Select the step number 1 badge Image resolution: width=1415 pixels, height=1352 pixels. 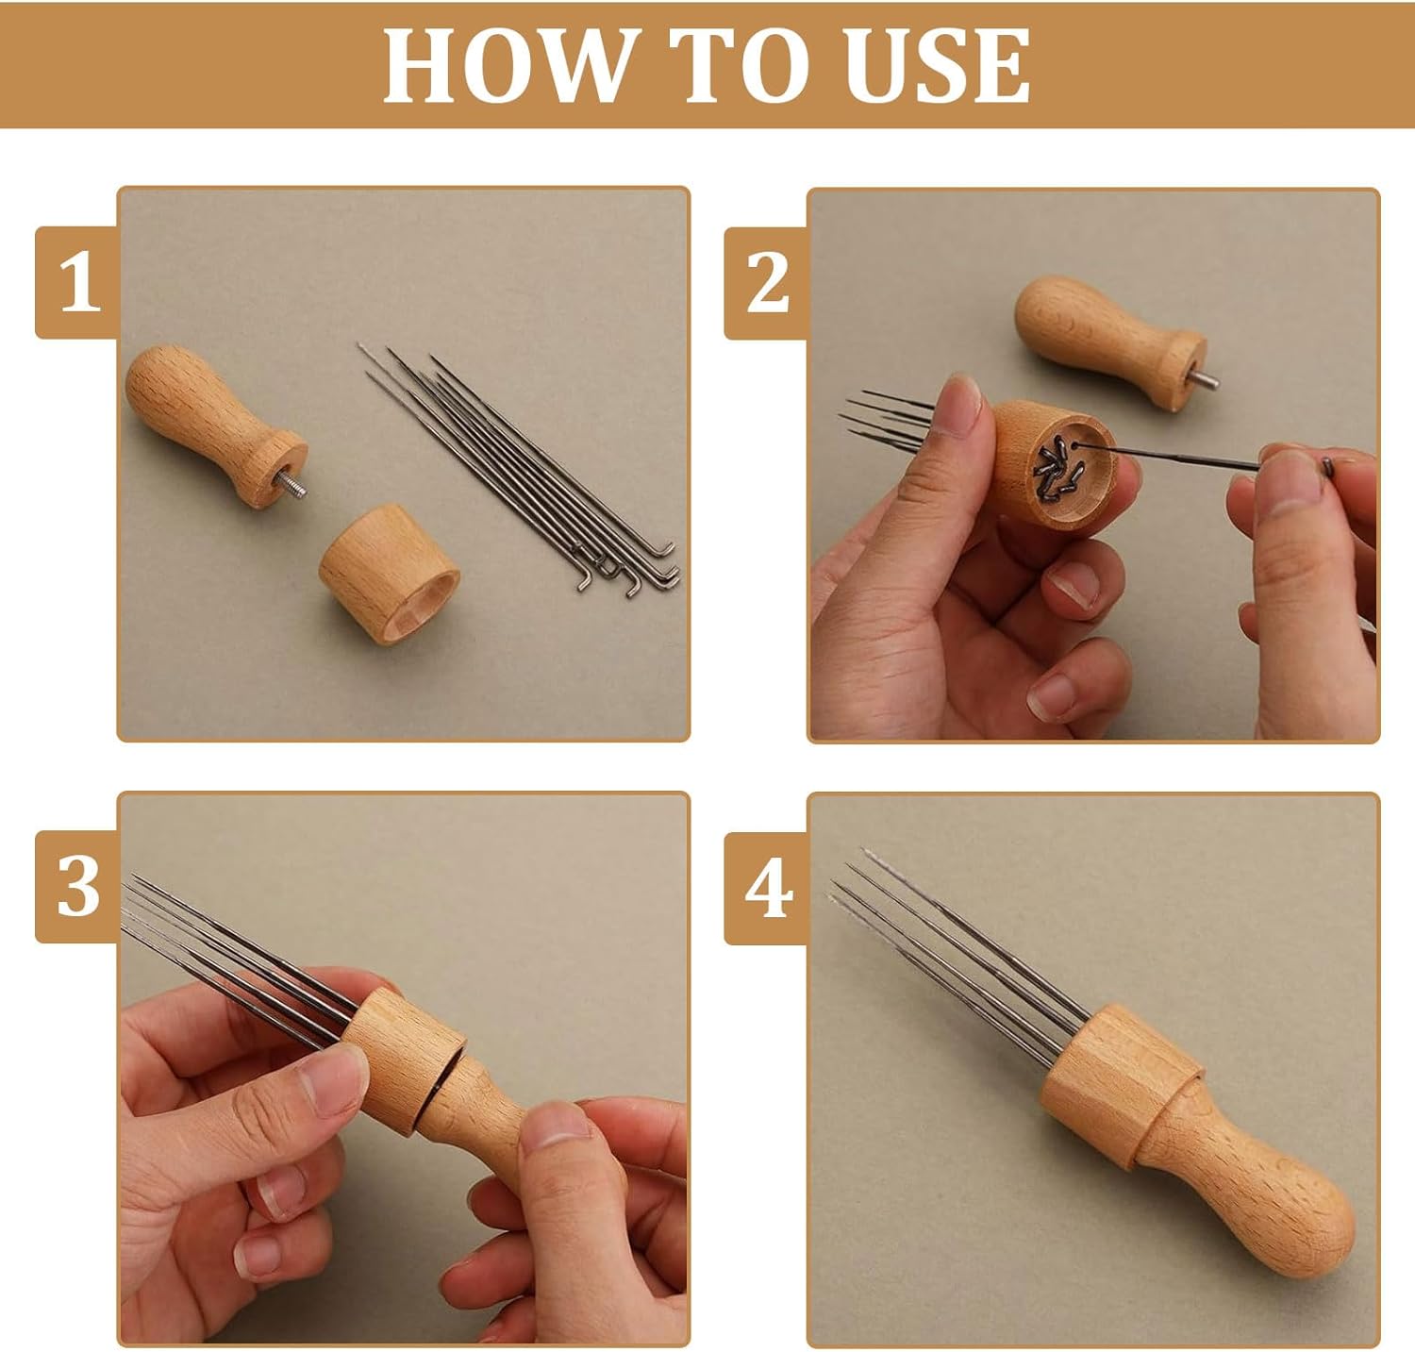tap(77, 283)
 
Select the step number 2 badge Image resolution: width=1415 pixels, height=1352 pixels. tap(767, 283)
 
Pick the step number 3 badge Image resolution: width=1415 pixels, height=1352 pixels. tap(77, 887)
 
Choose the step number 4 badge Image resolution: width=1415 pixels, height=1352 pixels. tap(767, 887)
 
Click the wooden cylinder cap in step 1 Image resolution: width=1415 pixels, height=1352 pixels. tap(389, 573)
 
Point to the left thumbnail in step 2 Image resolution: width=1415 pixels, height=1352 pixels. tap(962, 408)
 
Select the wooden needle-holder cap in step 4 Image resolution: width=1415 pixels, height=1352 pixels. tap(1121, 1085)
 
